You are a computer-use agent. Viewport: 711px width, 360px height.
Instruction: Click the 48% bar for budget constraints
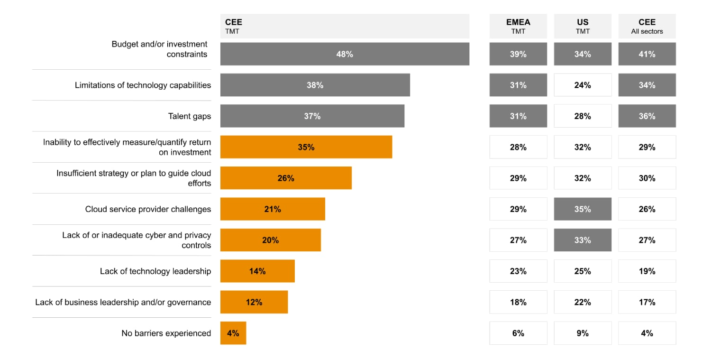pyautogui.click(x=345, y=54)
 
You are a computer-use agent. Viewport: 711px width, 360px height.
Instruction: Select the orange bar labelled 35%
pyautogui.click(x=306, y=147)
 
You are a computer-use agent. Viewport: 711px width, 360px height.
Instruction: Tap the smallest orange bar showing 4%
pyautogui.click(x=233, y=333)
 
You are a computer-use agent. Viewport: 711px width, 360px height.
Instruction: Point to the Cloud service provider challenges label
pyautogui.click(x=148, y=209)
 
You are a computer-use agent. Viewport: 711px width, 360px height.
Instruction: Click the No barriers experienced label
pyautogui.click(x=166, y=333)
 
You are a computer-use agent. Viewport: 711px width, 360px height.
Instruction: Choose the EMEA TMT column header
pyautogui.click(x=518, y=26)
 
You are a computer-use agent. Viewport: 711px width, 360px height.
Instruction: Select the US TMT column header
pyautogui.click(x=583, y=26)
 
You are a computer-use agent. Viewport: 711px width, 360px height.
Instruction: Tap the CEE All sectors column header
pyautogui.click(x=647, y=26)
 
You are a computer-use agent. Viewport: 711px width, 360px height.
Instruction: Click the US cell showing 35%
pyautogui.click(x=583, y=209)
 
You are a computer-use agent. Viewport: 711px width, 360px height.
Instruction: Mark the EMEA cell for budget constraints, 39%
pyautogui.click(x=518, y=54)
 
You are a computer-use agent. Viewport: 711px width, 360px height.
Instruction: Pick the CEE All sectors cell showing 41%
pyautogui.click(x=647, y=54)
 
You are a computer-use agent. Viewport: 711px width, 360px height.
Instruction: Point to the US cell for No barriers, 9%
pyautogui.click(x=583, y=333)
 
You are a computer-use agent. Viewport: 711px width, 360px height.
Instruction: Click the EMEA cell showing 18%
pyautogui.click(x=518, y=302)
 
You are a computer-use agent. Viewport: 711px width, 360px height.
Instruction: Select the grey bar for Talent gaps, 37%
pyautogui.click(x=312, y=116)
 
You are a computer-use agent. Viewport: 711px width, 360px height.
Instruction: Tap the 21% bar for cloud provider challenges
pyautogui.click(x=273, y=209)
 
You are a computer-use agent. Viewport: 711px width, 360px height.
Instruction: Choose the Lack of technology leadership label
pyautogui.click(x=155, y=271)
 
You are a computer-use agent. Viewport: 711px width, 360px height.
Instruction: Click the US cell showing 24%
pyautogui.click(x=583, y=85)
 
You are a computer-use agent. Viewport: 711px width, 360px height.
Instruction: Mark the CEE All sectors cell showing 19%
pyautogui.click(x=647, y=271)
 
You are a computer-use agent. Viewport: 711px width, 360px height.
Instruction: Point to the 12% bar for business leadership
pyautogui.click(x=254, y=302)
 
